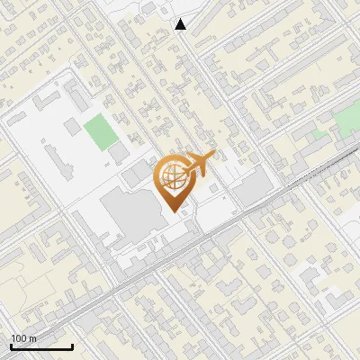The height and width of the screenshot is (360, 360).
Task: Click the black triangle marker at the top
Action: [181, 24]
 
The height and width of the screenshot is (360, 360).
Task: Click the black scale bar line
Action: [41, 346]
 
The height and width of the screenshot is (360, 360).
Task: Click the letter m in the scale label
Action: [33, 338]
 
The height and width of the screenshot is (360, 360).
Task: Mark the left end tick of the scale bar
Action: [11, 345]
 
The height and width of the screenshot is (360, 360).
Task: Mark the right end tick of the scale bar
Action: [72, 345]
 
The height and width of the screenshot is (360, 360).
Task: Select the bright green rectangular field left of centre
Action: [100, 133]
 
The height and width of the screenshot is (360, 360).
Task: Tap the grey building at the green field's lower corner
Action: [119, 153]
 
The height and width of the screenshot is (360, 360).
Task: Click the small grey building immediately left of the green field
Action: [76, 131]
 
